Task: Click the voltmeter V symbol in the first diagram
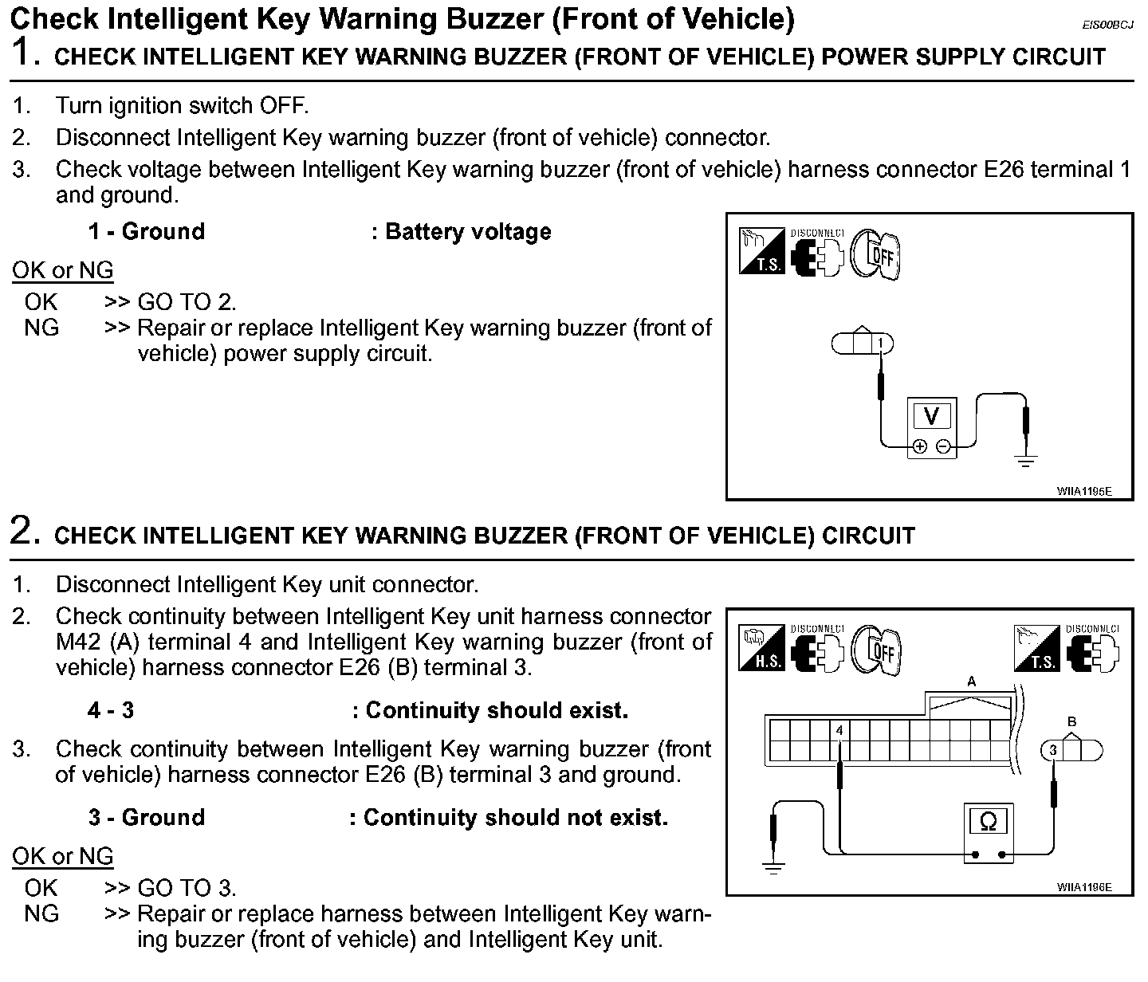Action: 931,416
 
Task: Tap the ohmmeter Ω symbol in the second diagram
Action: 988,821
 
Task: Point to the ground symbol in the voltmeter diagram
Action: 1026,460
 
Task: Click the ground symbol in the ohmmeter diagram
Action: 773,867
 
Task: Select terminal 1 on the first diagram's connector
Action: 880,344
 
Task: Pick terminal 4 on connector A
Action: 839,729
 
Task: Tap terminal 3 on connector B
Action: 1052,750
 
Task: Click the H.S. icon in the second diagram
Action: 763,647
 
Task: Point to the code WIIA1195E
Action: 1084,491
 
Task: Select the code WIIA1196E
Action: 1084,887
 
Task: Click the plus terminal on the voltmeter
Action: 920,446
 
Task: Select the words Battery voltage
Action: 468,232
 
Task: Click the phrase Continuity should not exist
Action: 515,818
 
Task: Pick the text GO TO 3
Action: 187,888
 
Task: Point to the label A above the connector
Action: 971,682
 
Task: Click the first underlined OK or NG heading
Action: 63,271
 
